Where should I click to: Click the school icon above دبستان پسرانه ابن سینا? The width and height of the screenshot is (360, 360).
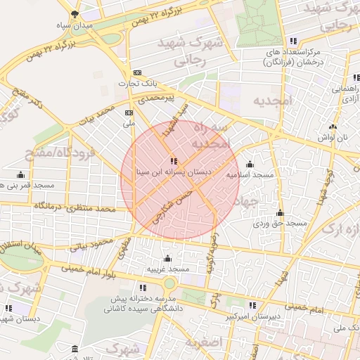(174, 162)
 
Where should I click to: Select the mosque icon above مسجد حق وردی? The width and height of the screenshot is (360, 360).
(280, 212)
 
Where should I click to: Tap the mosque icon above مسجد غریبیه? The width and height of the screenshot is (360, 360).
(167, 258)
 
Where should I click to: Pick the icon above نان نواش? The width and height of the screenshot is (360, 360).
(333, 127)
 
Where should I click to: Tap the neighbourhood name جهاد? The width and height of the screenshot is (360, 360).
(249, 201)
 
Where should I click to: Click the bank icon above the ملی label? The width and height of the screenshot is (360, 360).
(129, 112)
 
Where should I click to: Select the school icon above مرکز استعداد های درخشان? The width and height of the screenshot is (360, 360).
(293, 41)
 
